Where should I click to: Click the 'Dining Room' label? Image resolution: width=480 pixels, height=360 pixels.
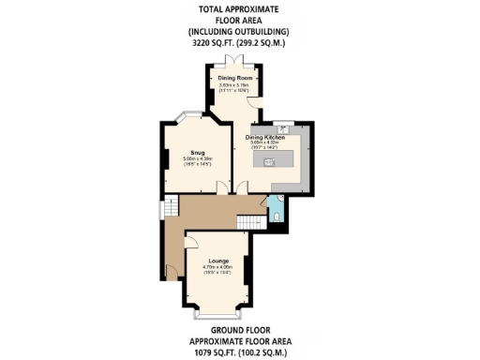coord(232,78)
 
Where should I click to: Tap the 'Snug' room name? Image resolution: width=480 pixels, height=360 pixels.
coord(198,152)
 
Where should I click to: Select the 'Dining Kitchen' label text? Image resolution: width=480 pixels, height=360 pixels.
coord(266,137)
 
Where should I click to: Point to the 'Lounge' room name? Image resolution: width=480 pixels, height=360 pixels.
coord(217,261)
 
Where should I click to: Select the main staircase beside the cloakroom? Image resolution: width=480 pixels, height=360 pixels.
coord(247,221)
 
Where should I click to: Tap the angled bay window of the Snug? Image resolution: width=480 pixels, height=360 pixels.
coord(185,116)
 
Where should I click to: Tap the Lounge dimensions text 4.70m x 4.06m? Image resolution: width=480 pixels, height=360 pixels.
coord(217,267)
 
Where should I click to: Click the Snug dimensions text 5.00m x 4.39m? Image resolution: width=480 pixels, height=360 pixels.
coord(198,158)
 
